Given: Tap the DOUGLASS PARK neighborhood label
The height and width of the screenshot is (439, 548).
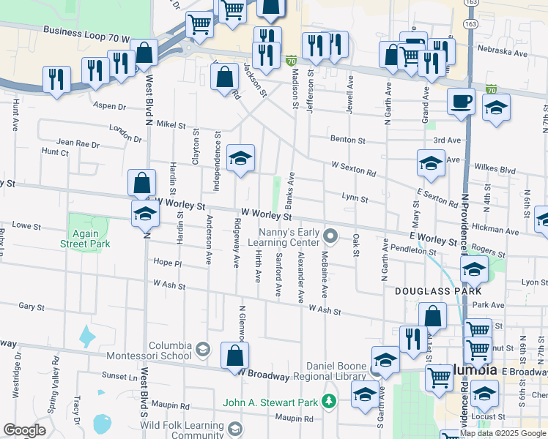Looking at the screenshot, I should [428, 290].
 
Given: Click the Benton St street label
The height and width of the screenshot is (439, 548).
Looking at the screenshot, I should [348, 139].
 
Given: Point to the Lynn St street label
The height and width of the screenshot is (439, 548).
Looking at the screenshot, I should [355, 198].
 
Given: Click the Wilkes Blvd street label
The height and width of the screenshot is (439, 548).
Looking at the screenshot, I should [497, 169].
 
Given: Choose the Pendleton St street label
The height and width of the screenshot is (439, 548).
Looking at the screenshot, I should [413, 250].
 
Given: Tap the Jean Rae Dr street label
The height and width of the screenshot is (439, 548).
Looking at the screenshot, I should [77, 144].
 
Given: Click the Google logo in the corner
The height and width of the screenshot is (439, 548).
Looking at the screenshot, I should [24, 431].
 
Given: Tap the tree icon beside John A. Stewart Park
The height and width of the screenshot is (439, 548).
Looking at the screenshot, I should [330, 401].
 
